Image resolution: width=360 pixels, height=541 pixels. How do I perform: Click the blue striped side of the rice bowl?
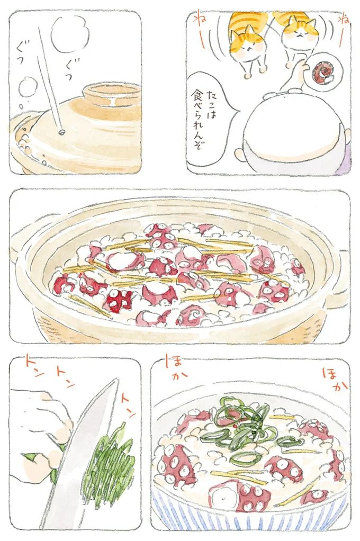249,516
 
